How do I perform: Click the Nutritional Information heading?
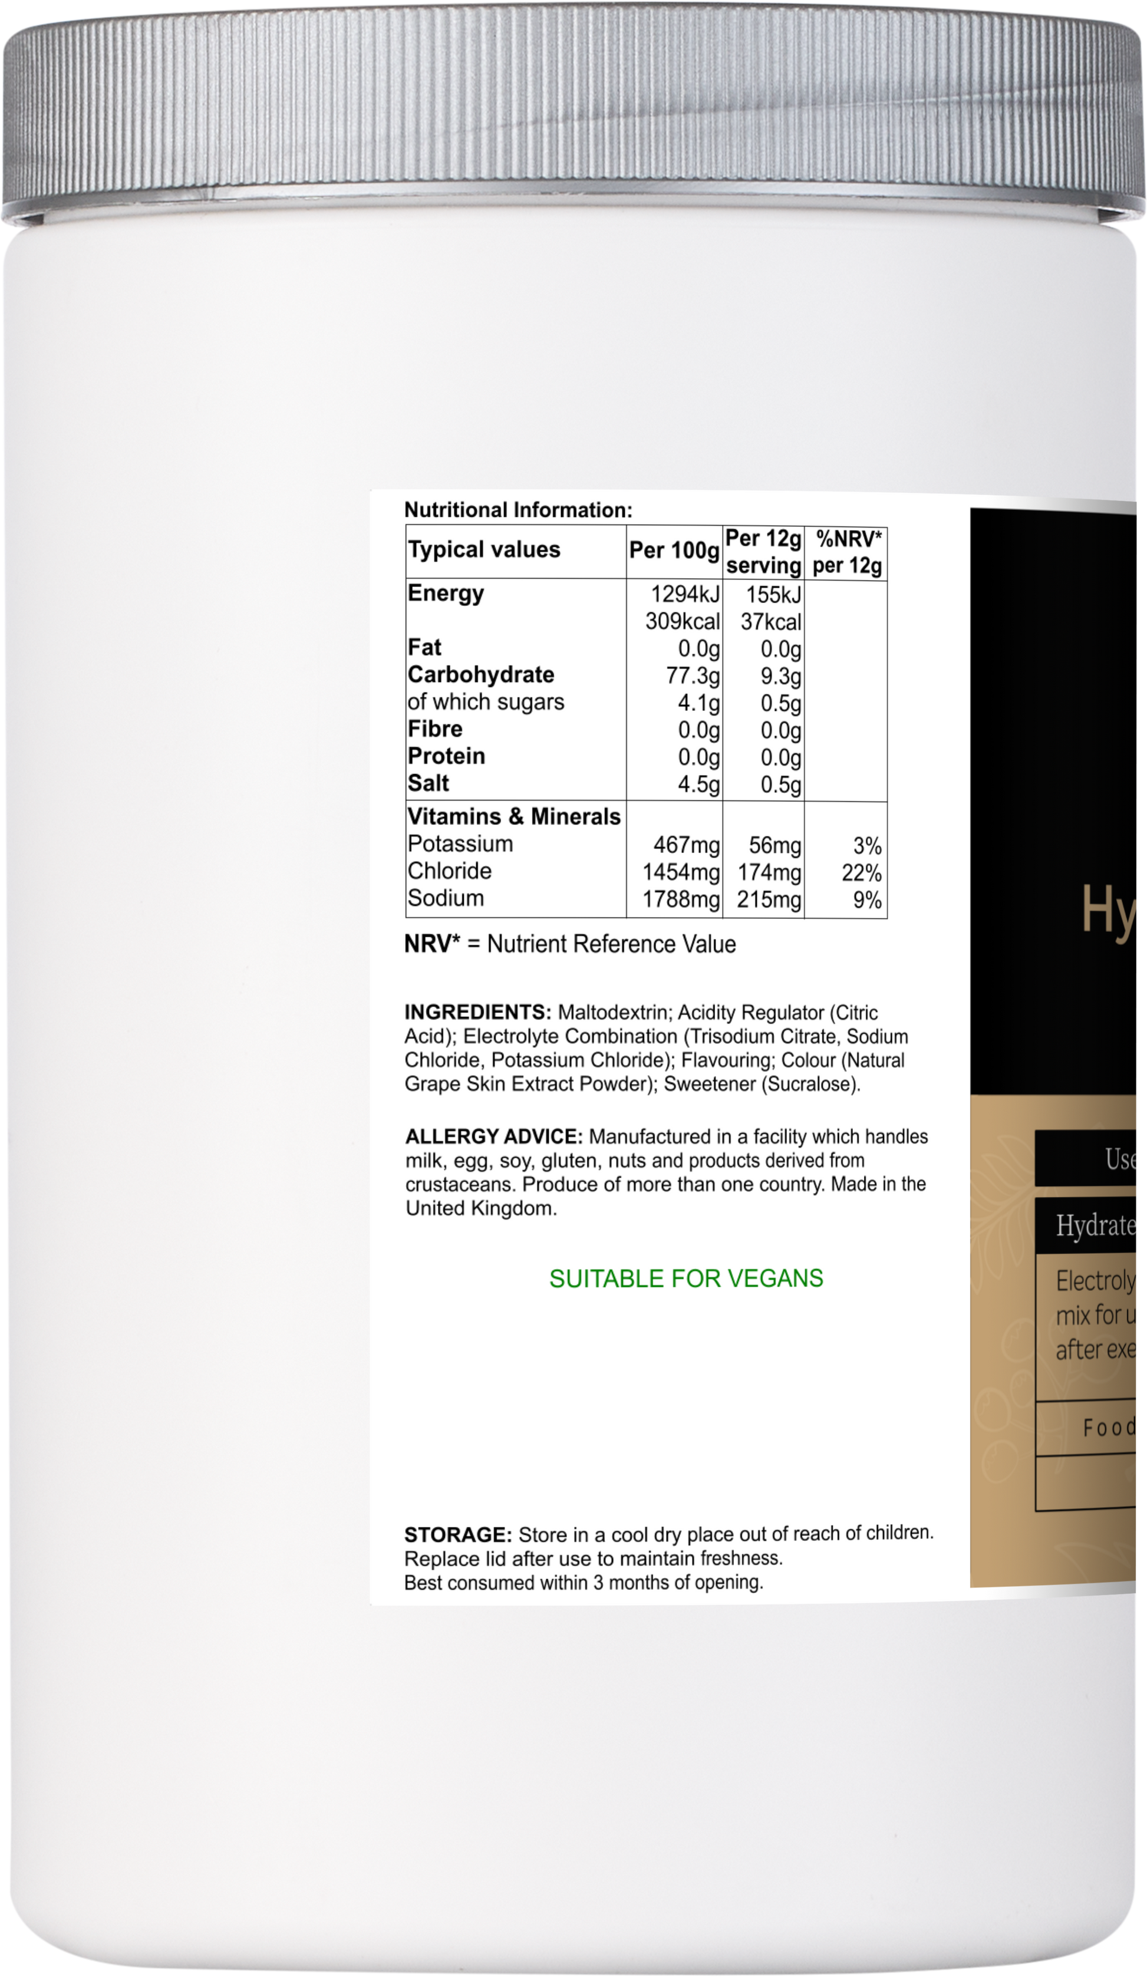pyautogui.click(x=518, y=510)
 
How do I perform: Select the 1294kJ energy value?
pyautogui.click(x=685, y=594)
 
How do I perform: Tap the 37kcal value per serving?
pyautogui.click(x=770, y=622)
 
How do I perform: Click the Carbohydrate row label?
pyautogui.click(x=480, y=675)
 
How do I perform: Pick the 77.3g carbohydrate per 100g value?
pyautogui.click(x=692, y=676)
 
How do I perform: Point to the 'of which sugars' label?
pyautogui.click(x=486, y=702)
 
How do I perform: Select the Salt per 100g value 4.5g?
pyautogui.click(x=698, y=784)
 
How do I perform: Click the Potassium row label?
pyautogui.click(x=460, y=844)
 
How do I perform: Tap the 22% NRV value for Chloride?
pyautogui.click(x=861, y=872)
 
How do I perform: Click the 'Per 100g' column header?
pyautogui.click(x=674, y=551)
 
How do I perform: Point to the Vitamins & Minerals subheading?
pyautogui.click(x=514, y=817)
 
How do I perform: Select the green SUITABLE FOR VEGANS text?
pyautogui.click(x=685, y=1279)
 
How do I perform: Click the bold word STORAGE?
pyautogui.click(x=457, y=1534)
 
